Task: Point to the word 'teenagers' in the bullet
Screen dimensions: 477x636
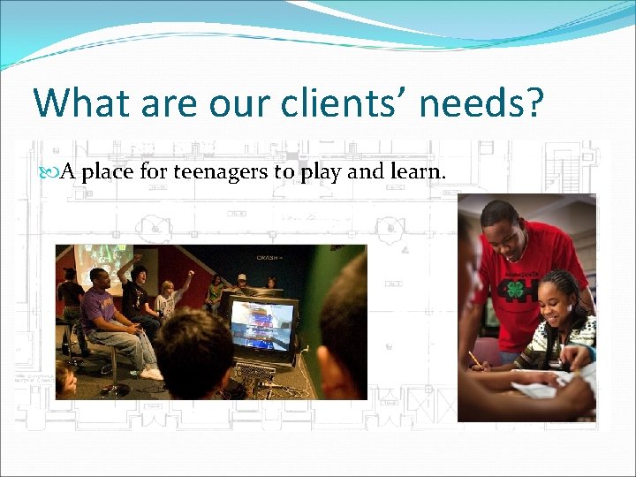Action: pos(220,171)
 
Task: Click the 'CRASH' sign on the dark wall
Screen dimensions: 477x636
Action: pos(268,258)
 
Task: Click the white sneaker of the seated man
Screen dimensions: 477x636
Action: pos(151,374)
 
